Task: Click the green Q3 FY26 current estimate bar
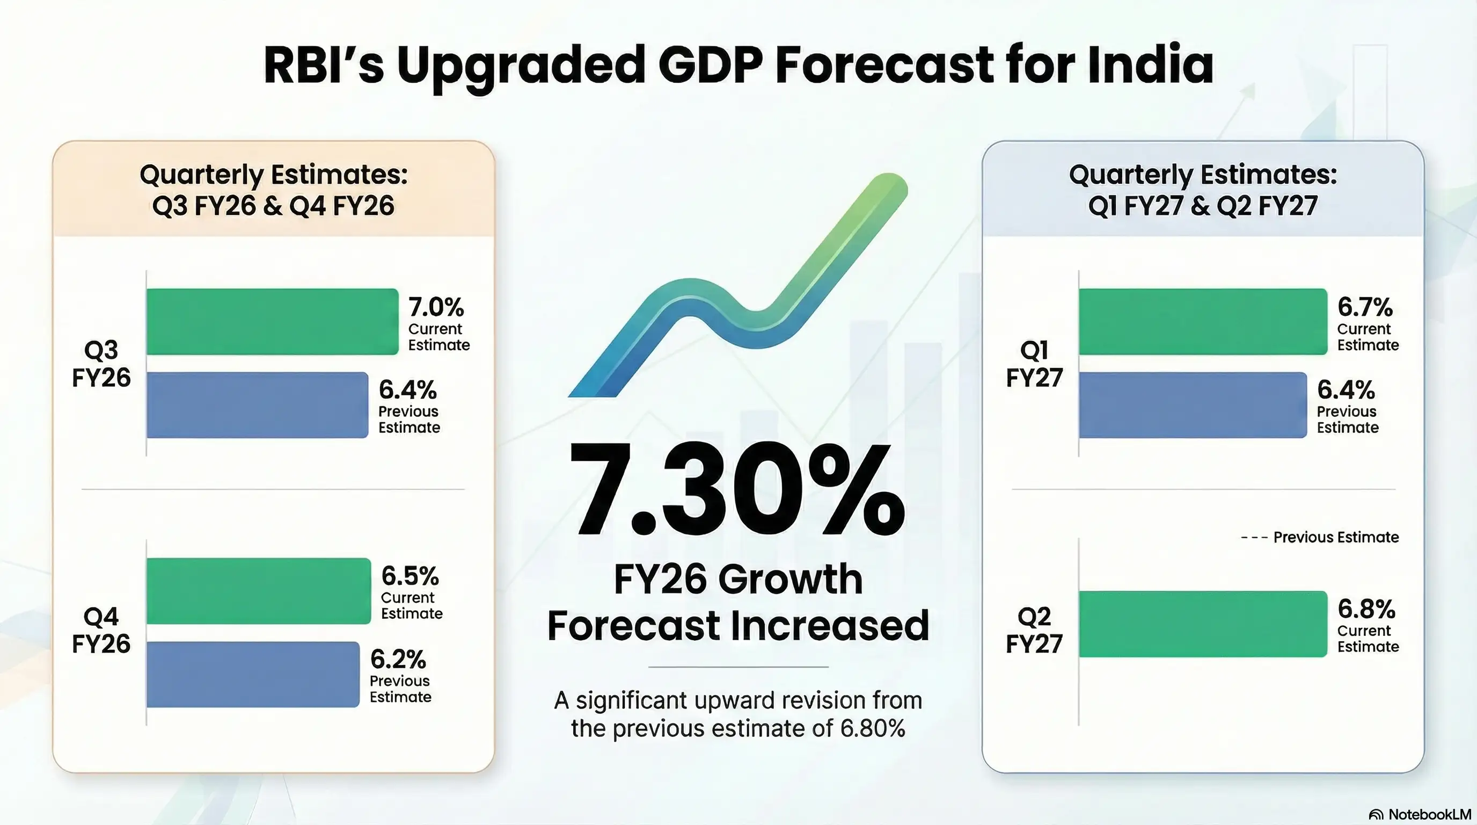point(272,322)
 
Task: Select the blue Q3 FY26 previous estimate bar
point(258,405)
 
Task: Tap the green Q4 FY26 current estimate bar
point(259,591)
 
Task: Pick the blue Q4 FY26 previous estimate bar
point(253,675)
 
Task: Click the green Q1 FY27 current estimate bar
point(1203,322)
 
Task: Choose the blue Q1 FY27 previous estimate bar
point(1193,405)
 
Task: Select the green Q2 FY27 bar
point(1203,624)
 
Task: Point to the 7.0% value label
point(436,308)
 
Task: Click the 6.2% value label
point(398,660)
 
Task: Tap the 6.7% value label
point(1365,308)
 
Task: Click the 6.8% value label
point(1366,609)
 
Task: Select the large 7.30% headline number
point(737,490)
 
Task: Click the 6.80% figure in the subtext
point(873,729)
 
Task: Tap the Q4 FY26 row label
point(101,630)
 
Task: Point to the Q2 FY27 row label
point(1034,630)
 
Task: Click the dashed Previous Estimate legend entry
point(1320,538)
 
